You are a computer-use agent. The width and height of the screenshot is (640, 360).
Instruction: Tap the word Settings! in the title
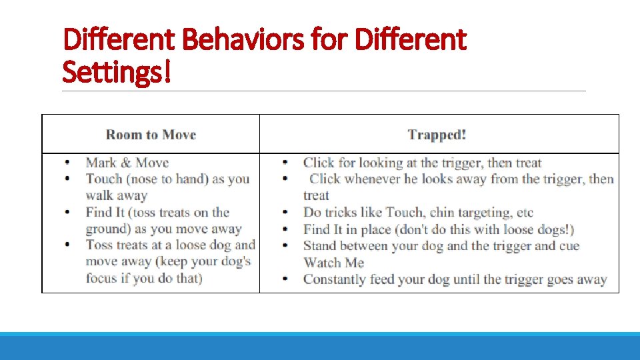[x=117, y=71]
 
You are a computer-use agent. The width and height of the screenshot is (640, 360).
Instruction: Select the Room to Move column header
[x=151, y=134]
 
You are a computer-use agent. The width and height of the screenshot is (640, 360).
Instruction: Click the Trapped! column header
[x=437, y=135]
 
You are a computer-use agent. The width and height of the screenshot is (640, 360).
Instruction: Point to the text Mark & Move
[x=127, y=163]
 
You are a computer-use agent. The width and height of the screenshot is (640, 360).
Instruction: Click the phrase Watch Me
[x=333, y=263]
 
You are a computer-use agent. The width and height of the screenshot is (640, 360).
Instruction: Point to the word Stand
[x=321, y=246]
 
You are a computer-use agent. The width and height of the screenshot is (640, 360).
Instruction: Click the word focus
[x=101, y=278]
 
